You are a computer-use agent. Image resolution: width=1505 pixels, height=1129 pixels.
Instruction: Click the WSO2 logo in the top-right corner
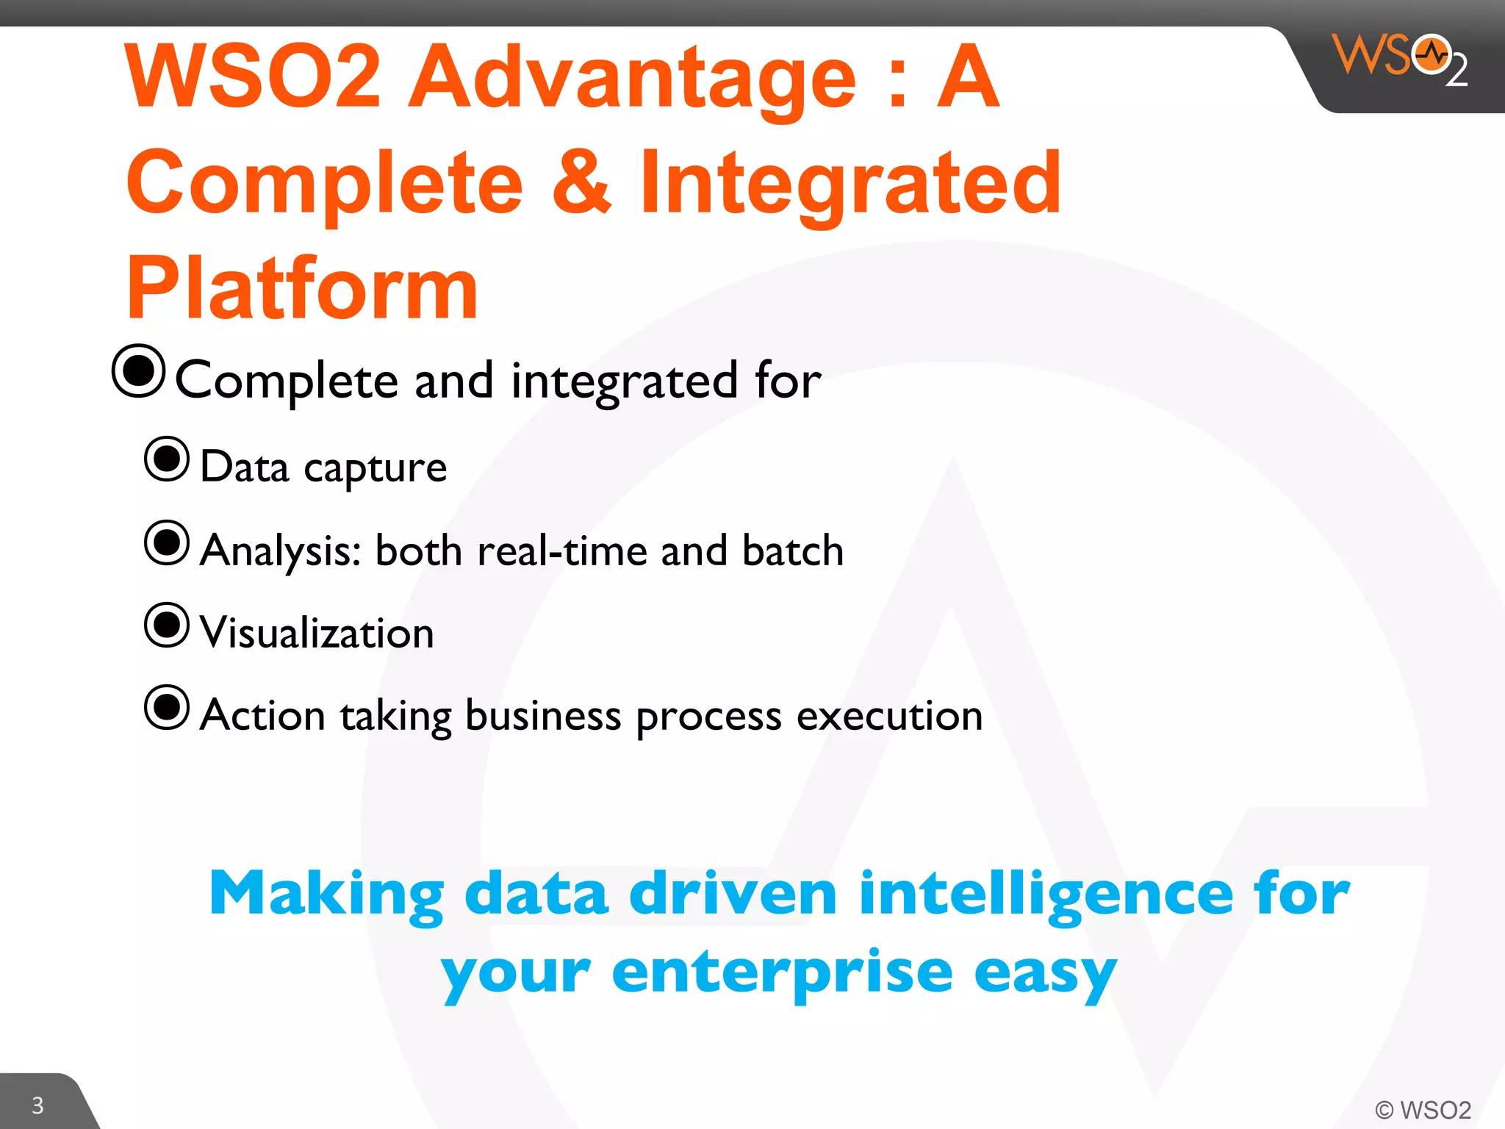pyautogui.click(x=1399, y=59)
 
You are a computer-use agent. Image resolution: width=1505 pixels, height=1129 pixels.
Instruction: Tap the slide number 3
pyautogui.click(x=37, y=1105)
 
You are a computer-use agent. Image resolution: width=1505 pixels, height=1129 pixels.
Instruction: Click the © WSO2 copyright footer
pyautogui.click(x=1423, y=1109)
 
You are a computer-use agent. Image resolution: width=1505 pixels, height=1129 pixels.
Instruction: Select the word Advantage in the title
pyautogui.click(x=632, y=77)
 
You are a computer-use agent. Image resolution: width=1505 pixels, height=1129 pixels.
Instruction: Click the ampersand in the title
pyautogui.click(x=581, y=182)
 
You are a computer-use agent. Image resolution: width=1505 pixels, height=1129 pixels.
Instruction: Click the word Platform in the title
pyautogui.click(x=302, y=288)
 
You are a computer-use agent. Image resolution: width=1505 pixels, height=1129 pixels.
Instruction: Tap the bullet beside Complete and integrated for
pyautogui.click(x=138, y=371)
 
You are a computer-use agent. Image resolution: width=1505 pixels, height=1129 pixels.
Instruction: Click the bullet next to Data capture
pyautogui.click(x=167, y=459)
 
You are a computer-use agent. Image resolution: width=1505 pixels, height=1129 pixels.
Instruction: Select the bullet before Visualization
pyautogui.click(x=167, y=626)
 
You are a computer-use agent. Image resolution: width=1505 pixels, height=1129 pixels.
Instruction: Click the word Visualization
pyautogui.click(x=317, y=633)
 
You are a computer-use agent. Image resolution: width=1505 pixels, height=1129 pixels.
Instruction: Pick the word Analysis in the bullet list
pyautogui.click(x=279, y=551)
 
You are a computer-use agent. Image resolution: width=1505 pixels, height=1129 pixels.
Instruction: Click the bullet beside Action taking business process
pyautogui.click(x=167, y=708)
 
